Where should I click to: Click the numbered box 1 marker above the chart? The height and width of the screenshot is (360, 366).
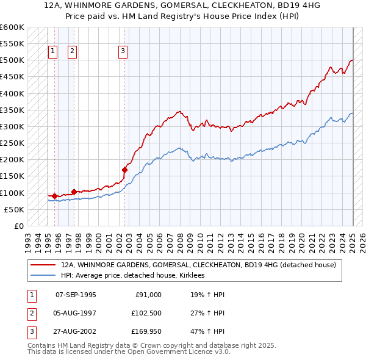click(x=52, y=51)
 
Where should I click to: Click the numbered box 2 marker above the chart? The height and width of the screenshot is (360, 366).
click(x=72, y=51)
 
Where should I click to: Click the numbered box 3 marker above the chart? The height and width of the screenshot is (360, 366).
click(x=123, y=51)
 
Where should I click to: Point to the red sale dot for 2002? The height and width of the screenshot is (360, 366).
click(x=124, y=170)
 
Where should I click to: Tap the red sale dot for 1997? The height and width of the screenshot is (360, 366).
click(x=74, y=192)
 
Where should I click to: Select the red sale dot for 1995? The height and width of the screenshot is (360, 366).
click(x=54, y=196)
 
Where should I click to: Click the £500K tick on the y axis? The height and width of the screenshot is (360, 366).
click(x=12, y=60)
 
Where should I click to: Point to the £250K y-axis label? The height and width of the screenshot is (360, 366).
click(x=12, y=143)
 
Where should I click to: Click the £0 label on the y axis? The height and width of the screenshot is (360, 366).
click(x=18, y=226)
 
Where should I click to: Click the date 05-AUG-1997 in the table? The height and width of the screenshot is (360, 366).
click(x=76, y=314)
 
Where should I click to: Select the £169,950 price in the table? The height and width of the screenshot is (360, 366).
click(x=145, y=333)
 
